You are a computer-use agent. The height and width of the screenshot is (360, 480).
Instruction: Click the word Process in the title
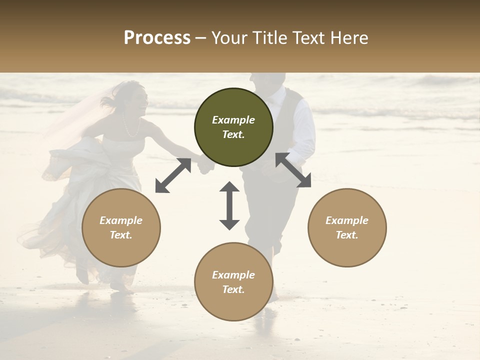click(x=157, y=38)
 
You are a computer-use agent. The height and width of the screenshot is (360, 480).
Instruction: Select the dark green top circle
click(x=233, y=127)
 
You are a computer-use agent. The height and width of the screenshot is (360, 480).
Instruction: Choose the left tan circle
click(x=121, y=228)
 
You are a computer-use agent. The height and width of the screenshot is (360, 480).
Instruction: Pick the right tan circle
click(x=347, y=228)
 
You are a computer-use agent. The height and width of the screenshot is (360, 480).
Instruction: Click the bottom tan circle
click(x=233, y=282)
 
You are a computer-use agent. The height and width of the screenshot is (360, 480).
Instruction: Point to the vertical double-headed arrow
click(x=229, y=205)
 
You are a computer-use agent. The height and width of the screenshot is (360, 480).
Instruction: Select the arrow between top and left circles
click(x=173, y=175)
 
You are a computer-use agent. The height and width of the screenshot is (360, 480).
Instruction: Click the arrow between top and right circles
click(x=293, y=170)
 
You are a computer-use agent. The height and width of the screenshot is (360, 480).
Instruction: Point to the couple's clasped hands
click(x=204, y=165)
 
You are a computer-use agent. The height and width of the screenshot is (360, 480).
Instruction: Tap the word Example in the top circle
click(x=233, y=120)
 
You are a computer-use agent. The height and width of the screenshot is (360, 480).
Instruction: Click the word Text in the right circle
click(x=347, y=235)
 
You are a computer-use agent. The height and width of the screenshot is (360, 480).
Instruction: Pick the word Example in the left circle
click(x=121, y=220)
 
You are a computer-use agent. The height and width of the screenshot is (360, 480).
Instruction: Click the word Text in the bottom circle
click(x=233, y=289)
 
